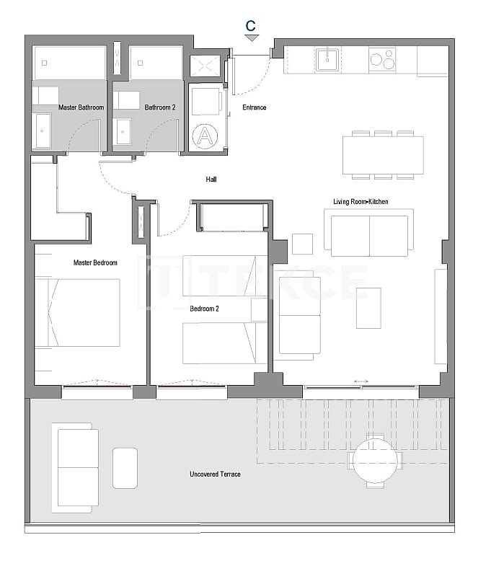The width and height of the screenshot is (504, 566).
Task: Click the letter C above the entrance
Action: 251,25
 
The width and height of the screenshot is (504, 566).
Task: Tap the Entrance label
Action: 254,107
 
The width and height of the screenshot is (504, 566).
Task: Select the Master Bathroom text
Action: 81,107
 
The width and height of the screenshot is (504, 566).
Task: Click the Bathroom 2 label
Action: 159,107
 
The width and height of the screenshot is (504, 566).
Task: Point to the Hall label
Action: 211,180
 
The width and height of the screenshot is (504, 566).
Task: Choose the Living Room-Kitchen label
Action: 361,202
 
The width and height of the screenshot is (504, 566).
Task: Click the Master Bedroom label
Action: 95,262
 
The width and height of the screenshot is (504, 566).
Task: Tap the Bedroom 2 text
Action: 204,309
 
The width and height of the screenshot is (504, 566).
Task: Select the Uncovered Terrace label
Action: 215,474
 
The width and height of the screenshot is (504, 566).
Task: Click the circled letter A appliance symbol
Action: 205,135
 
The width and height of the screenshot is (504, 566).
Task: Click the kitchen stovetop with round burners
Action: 382,59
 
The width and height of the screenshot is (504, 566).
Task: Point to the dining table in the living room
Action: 383,154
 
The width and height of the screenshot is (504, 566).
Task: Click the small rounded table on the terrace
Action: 125,467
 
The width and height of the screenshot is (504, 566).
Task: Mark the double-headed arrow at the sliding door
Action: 361,381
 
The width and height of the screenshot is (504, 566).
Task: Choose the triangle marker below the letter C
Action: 251,37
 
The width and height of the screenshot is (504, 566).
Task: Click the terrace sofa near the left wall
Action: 76,466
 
